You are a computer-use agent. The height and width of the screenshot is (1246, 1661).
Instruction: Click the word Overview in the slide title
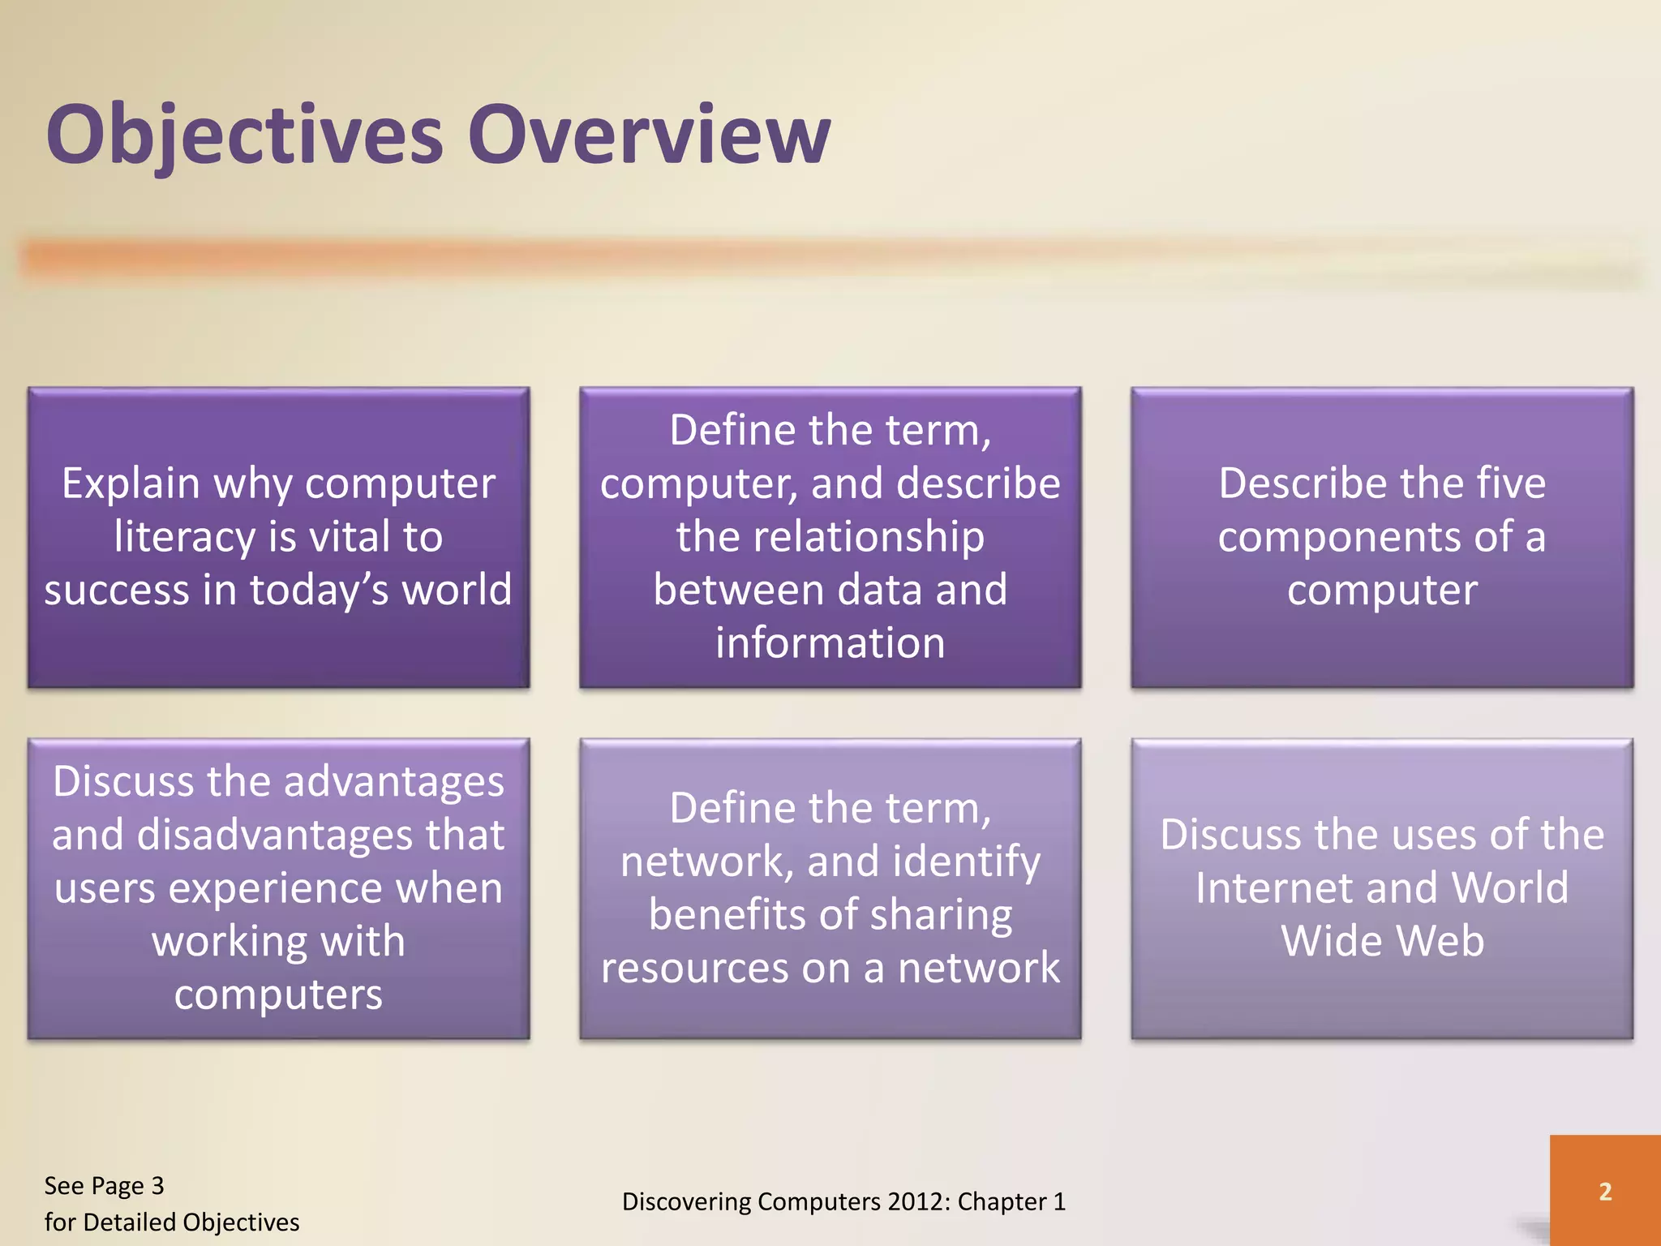click(x=649, y=134)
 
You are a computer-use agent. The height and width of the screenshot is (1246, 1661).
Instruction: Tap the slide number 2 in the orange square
click(x=1605, y=1192)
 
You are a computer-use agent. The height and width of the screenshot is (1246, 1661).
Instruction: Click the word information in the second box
click(x=830, y=643)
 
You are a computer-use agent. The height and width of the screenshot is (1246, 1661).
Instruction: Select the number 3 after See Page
click(x=157, y=1186)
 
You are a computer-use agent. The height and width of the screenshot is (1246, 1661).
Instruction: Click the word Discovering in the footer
click(x=687, y=1202)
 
